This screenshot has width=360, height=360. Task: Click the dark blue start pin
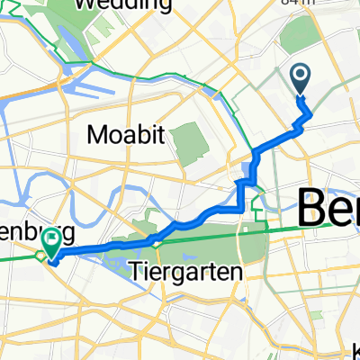point(300,79)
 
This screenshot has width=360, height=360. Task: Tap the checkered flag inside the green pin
point(51,238)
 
